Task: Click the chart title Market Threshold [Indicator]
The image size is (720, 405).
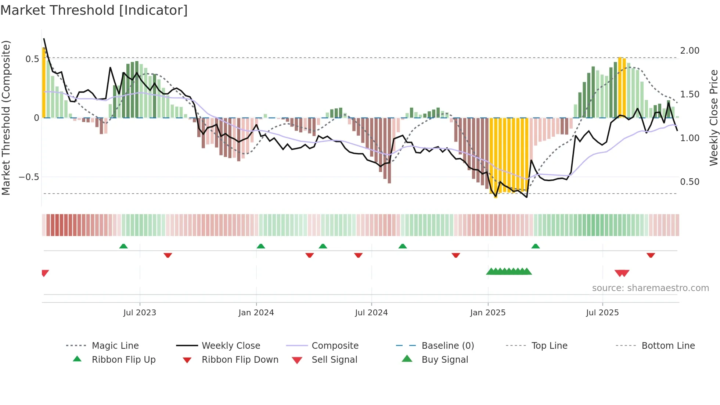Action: point(94,10)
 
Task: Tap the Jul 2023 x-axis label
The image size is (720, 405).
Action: point(140,313)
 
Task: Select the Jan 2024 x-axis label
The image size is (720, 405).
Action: point(256,313)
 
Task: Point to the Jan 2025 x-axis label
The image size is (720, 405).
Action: point(488,313)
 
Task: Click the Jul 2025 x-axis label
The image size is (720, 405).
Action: point(602,313)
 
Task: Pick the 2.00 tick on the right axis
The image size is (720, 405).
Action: point(690,51)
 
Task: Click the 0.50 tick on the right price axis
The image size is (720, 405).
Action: point(690,182)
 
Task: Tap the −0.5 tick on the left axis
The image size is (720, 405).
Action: point(29,177)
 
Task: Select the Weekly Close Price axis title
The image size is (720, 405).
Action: point(713,118)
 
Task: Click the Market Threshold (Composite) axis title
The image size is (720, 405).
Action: point(6,118)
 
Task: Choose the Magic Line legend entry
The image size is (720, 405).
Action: point(115,346)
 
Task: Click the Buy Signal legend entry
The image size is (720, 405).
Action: point(444,360)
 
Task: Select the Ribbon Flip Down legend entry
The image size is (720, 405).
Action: point(240,360)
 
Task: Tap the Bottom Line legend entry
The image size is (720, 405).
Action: point(668,346)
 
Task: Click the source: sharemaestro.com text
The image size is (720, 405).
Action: point(650,288)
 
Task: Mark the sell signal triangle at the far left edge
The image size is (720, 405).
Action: point(45,273)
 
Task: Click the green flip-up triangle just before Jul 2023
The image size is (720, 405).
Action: point(123,246)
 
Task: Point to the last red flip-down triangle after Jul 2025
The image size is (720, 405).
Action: point(651,255)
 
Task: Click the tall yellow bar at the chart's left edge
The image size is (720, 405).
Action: point(44,83)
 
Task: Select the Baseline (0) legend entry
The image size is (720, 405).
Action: point(447,346)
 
